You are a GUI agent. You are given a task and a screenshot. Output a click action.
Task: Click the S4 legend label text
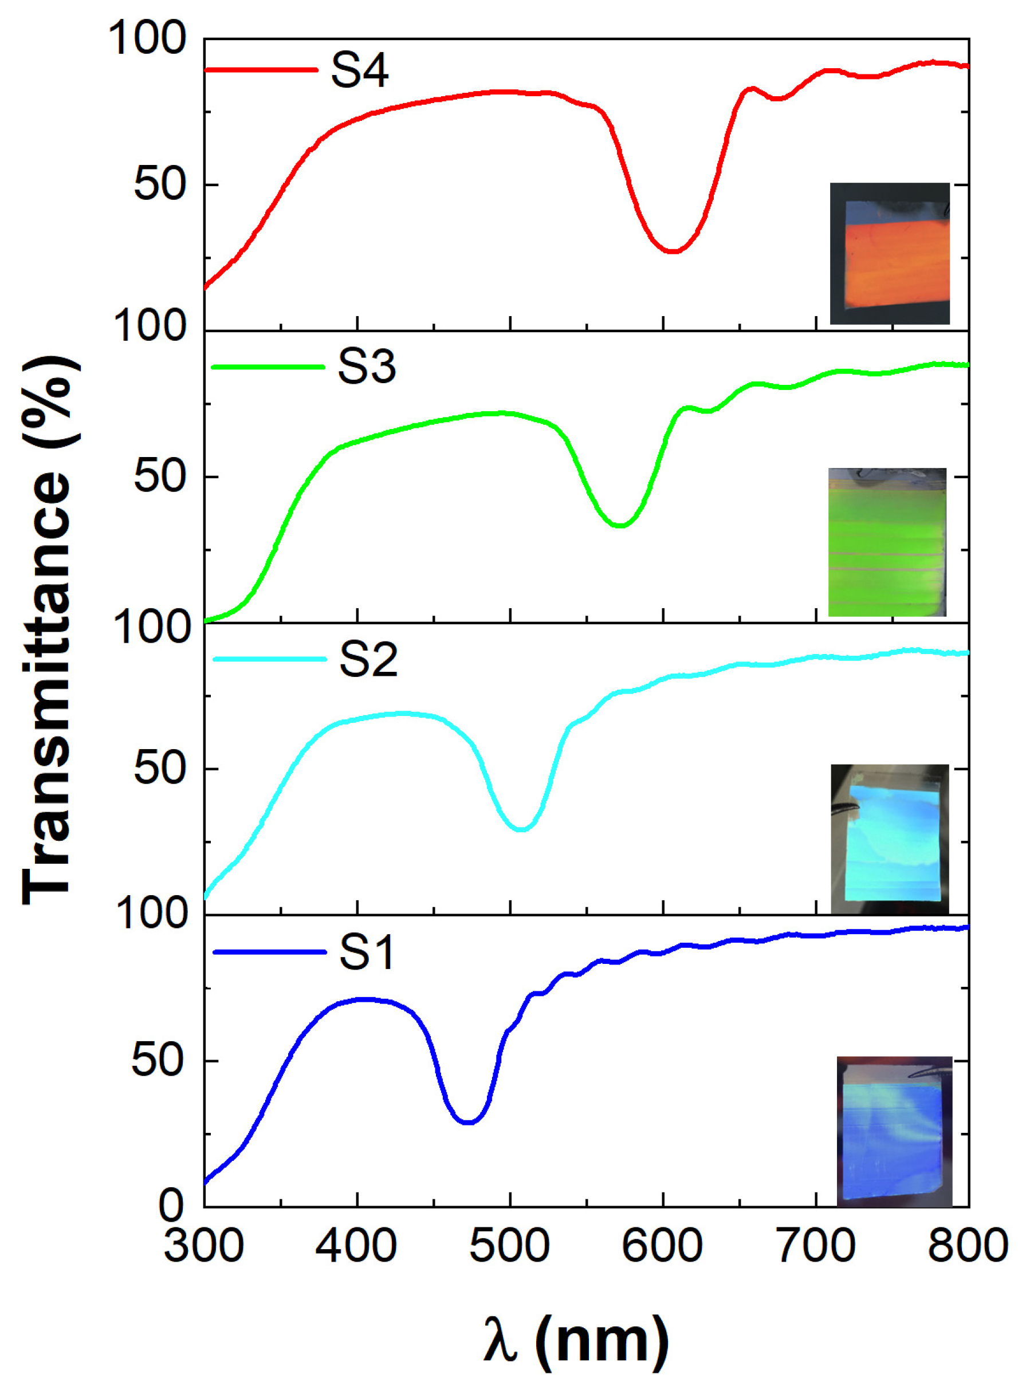coord(359,70)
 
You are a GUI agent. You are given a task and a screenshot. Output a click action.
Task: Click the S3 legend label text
coord(366,367)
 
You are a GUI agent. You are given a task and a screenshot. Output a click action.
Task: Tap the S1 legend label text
coord(366,952)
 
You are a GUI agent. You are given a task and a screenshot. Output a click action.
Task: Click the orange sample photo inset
coord(889,254)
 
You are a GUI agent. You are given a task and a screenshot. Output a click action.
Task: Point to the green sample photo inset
coord(887,543)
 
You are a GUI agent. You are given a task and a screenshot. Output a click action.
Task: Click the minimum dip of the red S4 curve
coord(672,251)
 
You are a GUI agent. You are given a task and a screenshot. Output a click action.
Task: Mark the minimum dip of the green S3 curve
coord(620,526)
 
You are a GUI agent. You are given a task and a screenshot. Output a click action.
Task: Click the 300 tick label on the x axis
coord(203,1246)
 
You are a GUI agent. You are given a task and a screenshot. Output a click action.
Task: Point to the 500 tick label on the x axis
coord(509,1246)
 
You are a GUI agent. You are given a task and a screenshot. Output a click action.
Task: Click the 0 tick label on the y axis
coord(171,1205)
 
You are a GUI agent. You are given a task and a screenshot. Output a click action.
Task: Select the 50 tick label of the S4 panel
coord(160,184)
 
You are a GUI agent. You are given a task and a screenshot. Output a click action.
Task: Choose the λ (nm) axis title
coord(575,1341)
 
